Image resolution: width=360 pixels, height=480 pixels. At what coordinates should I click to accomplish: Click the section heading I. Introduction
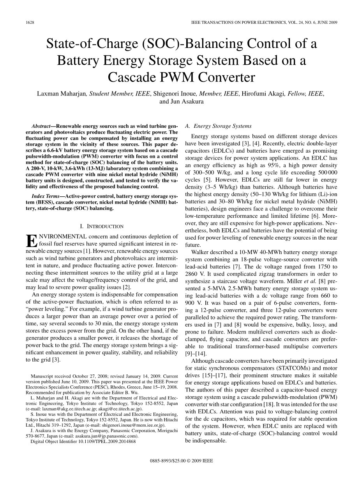pos(101,226)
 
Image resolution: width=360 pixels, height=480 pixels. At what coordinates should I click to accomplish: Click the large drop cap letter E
pos(31,241)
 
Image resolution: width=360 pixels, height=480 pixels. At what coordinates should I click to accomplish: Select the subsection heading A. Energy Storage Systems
pos(218,126)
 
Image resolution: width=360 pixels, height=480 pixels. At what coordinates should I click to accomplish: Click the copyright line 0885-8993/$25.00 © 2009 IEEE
pos(181,461)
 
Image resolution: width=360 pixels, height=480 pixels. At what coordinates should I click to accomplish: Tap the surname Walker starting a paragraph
pos(199,252)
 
